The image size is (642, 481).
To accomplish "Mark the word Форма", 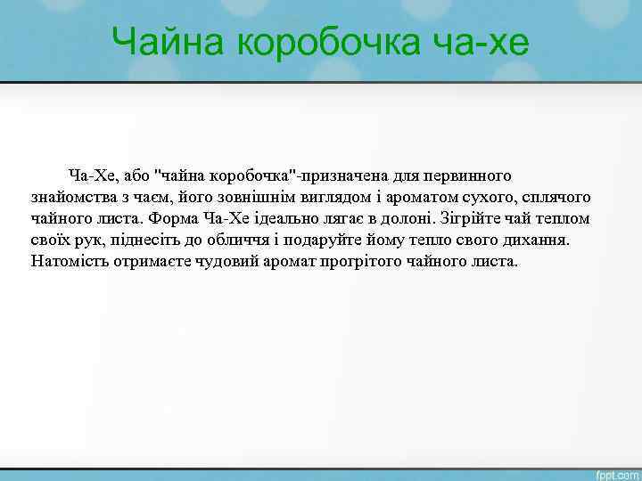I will pos(175,218).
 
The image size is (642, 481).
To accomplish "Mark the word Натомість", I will pos(68,263).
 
